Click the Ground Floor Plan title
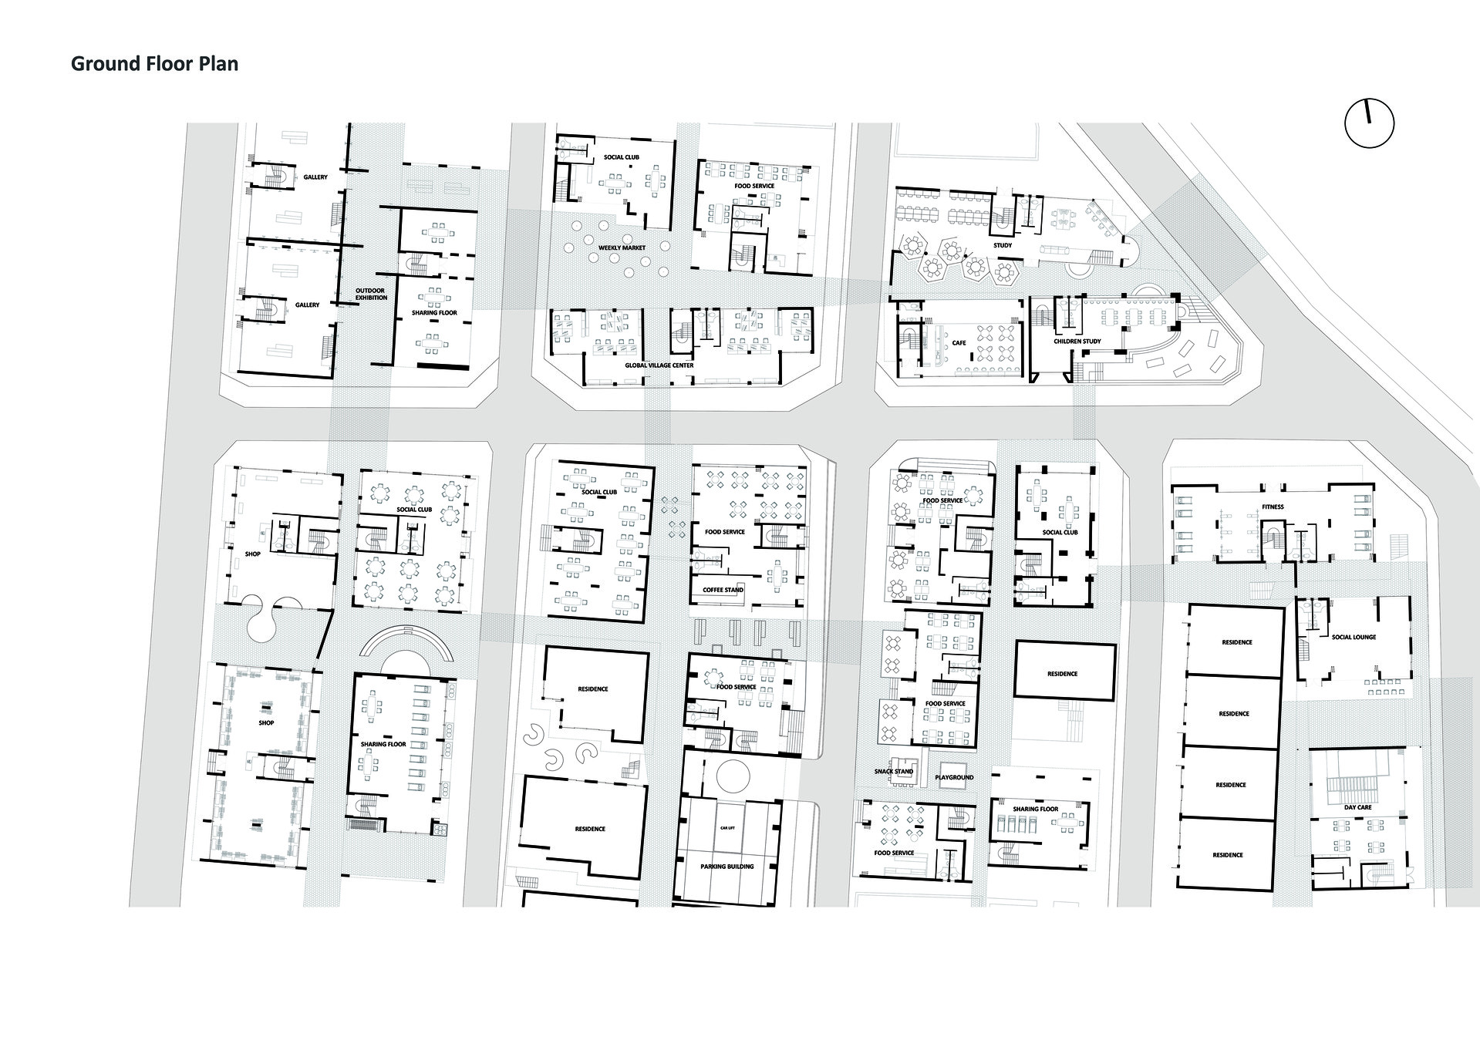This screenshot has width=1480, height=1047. tap(154, 64)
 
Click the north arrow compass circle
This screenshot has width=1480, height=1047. tap(1369, 123)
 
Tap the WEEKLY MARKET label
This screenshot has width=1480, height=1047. tap(622, 248)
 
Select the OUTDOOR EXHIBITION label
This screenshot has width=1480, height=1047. tap(371, 294)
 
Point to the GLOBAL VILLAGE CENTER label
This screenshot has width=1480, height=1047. tap(659, 365)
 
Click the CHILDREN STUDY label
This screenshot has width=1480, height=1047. tap(1077, 341)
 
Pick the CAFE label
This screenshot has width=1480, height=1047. tap(959, 343)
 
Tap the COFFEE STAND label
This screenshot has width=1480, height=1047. tap(723, 590)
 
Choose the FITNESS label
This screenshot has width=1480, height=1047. tap(1273, 507)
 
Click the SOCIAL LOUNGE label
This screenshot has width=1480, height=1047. tap(1354, 638)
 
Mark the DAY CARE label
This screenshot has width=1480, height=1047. tap(1357, 808)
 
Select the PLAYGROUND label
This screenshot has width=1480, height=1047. tap(954, 777)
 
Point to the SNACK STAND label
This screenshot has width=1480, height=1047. tap(893, 772)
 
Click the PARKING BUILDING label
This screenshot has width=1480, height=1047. tap(727, 867)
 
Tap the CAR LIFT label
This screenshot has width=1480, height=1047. tap(727, 827)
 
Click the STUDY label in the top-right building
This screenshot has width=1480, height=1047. tap(1003, 245)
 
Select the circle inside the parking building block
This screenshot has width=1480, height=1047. tap(732, 775)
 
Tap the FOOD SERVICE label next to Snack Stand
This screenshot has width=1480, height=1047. tap(894, 853)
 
